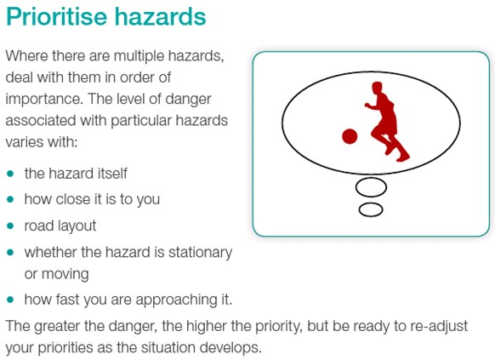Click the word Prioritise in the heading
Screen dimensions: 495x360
coord(56,17)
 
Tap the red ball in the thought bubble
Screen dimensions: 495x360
coord(350,136)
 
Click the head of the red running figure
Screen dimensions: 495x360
coord(378,88)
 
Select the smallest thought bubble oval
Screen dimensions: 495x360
coord(371,209)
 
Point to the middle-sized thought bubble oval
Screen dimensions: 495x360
coord(371,187)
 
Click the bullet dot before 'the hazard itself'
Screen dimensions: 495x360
coord(10,174)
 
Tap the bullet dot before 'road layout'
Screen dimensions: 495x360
coord(10,226)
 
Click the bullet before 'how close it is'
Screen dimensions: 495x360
coord(10,200)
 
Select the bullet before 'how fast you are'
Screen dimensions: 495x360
coord(10,300)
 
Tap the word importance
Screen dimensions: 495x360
coord(44,100)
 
